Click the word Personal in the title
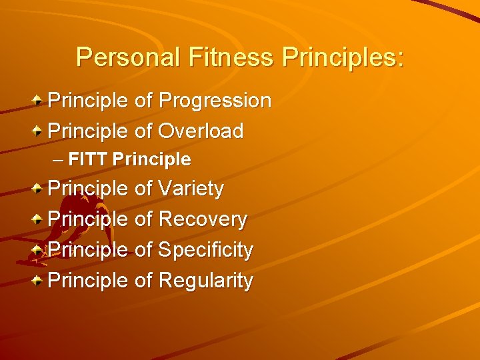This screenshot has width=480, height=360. coord(128,57)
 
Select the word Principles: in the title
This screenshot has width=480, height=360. coord(343,57)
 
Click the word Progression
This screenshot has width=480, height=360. coord(215,101)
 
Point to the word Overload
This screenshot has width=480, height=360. coord(201,131)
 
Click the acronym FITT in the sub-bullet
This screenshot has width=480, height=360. coord(89,160)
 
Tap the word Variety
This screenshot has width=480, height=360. coord(191,189)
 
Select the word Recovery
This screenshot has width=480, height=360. coord(203,219)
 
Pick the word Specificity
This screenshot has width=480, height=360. coord(205,250)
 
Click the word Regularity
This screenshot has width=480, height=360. coord(205,281)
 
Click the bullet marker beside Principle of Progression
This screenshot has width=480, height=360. coord(39,101)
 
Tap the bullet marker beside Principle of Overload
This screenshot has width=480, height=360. coord(39,131)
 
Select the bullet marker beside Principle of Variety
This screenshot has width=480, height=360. coord(39,189)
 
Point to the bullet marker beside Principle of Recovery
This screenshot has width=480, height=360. coord(39,219)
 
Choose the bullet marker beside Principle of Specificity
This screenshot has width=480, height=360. coord(39,250)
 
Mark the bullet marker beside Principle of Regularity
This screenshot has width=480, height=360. coord(39,281)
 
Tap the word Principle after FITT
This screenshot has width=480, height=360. coord(152,160)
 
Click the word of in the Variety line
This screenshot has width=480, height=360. coord(143,189)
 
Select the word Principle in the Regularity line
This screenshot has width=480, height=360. coord(88,281)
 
